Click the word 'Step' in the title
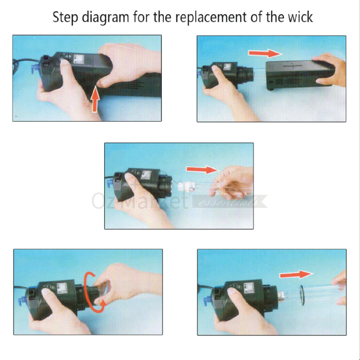coord(65,17)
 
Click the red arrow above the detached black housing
coord(265,53)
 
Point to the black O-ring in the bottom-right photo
coord(302,295)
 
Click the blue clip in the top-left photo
coord(34,69)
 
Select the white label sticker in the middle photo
coord(146,175)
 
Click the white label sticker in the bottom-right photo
coord(248,288)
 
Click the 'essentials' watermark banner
coord(229,201)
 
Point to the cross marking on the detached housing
coord(293,66)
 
